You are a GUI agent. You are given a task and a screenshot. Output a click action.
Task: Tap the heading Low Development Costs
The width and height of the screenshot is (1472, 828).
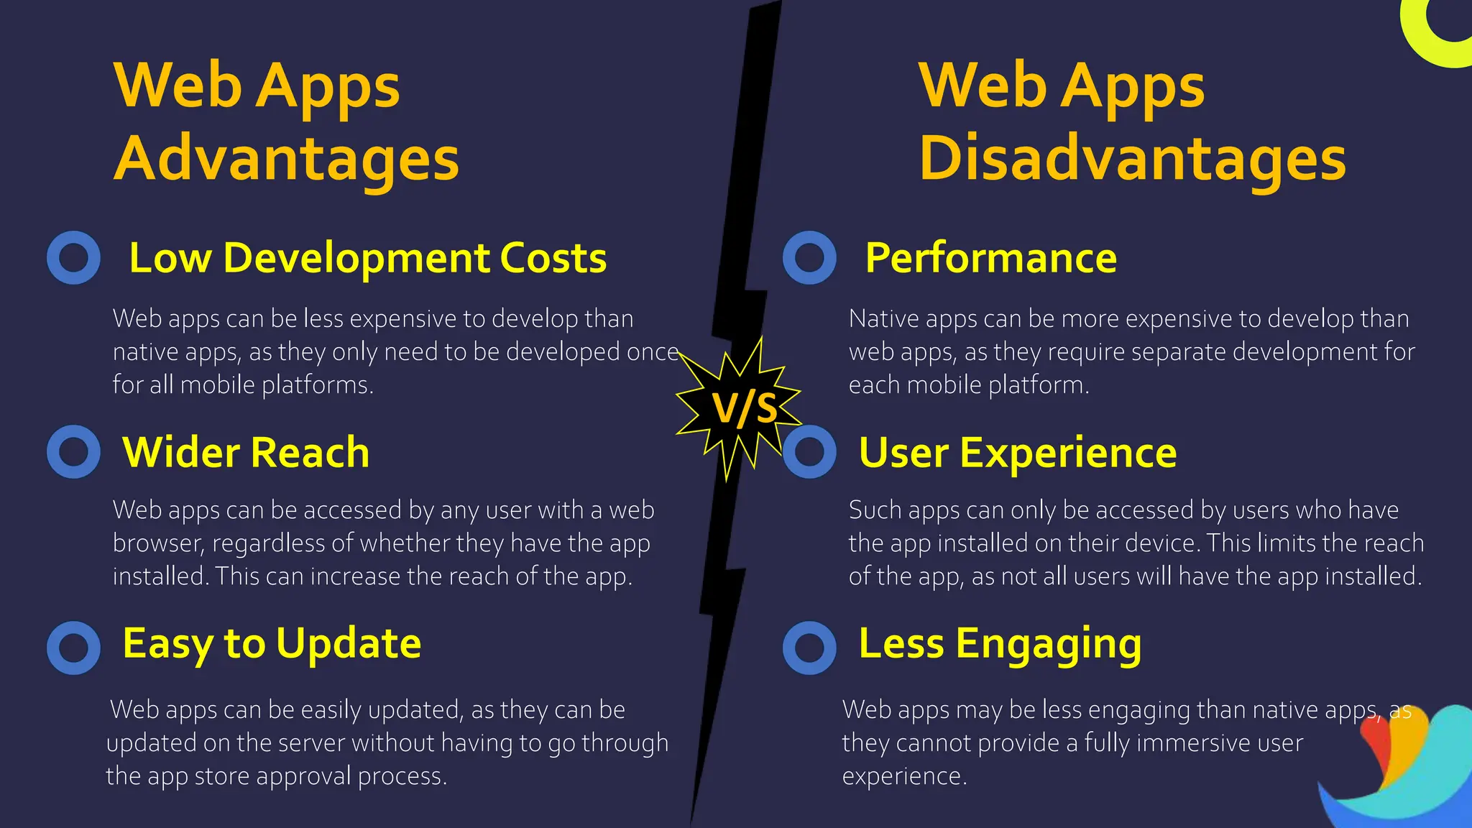(x=367, y=258)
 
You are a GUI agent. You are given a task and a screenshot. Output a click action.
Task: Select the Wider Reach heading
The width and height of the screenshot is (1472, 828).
(x=246, y=453)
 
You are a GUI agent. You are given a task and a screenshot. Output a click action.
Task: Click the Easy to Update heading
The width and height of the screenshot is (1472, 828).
(x=272, y=643)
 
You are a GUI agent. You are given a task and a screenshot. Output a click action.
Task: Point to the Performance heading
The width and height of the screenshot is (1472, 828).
(x=990, y=258)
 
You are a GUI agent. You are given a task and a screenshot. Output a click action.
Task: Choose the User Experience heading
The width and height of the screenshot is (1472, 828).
(x=1017, y=453)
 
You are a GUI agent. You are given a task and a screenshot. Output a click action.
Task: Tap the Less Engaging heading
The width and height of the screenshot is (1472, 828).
(x=1000, y=643)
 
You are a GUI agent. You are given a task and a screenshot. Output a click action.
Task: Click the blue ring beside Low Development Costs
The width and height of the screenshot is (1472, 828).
(x=73, y=257)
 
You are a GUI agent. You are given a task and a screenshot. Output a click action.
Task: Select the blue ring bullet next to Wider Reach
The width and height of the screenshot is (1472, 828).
(x=73, y=451)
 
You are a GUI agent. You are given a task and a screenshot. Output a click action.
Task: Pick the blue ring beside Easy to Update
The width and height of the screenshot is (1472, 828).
(x=73, y=648)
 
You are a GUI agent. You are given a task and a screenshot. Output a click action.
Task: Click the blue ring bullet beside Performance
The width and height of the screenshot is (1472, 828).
(x=809, y=257)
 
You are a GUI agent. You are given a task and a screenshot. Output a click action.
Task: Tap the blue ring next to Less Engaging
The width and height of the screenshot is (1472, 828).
(x=809, y=648)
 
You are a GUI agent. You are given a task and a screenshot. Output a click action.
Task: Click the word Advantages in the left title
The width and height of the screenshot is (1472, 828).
(x=286, y=159)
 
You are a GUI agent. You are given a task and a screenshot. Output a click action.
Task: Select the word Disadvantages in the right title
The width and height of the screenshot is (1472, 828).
(x=1132, y=159)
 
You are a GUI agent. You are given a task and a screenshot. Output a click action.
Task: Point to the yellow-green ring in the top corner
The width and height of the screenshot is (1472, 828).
(x=1430, y=36)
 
